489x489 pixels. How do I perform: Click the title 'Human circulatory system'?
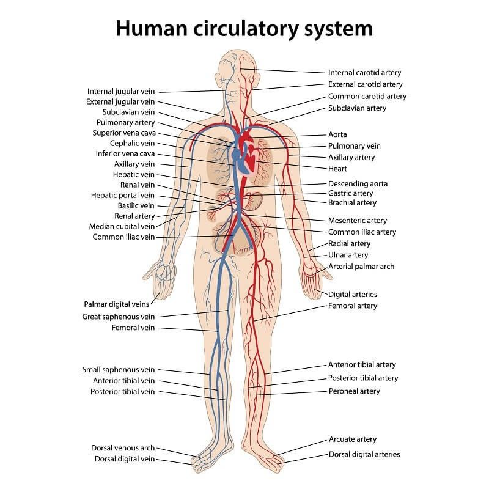[244, 28]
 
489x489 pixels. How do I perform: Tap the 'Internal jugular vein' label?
[121, 91]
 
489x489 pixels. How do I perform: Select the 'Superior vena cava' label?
[124, 133]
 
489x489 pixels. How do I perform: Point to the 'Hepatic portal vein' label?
[122, 195]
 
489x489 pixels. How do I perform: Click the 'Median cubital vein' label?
[122, 226]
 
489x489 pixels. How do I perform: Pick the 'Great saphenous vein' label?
[119, 317]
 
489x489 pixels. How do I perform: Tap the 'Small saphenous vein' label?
[119, 370]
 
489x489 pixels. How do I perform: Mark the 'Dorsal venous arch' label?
[123, 448]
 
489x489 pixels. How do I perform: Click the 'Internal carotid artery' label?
[364, 73]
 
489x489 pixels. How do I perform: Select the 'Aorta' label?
[337, 134]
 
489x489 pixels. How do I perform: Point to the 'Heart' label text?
[337, 169]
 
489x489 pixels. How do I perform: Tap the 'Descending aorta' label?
[358, 183]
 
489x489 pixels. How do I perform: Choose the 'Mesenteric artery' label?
[358, 220]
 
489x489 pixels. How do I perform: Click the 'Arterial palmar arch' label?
[361, 267]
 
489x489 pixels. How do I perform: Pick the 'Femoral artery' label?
[353, 306]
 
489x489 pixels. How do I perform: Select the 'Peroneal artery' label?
[354, 391]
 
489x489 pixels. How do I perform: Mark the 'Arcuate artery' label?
[353, 439]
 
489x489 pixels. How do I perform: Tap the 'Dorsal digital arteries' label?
[364, 454]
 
